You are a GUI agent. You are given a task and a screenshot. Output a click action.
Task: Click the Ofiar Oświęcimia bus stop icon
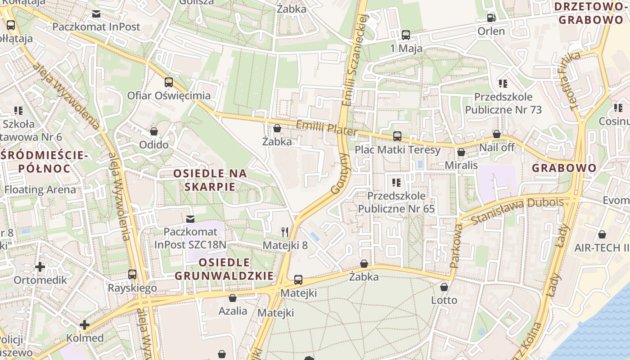pos(169,82)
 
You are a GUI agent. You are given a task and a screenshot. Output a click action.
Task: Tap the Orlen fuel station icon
pos(491,18)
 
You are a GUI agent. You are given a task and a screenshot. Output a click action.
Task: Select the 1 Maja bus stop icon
pos(405,35)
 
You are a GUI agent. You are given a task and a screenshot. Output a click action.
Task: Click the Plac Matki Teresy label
pos(397,149)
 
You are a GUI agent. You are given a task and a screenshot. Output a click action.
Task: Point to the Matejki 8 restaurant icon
pos(285,232)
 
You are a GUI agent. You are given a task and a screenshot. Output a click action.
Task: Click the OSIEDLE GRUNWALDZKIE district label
pos(224,269)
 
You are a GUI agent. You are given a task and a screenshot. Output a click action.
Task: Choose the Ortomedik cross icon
pos(40,267)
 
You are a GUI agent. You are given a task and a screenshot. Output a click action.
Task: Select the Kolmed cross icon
pos(85,325)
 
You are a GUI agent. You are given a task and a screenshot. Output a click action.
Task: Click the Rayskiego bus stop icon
pos(132,274)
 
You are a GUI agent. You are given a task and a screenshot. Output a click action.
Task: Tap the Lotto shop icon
pos(444,287)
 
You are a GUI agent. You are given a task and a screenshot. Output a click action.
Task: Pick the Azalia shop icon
pos(233,298)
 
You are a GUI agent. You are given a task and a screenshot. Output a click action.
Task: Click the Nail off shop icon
pos(497,134)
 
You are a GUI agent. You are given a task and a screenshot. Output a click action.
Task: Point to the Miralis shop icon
pos(461,153)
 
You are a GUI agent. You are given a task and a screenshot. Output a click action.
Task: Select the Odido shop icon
pos(154,131)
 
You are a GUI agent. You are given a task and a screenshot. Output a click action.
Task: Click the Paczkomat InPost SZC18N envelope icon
pos(190,219)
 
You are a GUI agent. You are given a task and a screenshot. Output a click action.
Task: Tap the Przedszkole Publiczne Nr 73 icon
pos(503,84)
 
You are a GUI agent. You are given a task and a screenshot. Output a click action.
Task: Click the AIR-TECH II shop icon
pos(602,234)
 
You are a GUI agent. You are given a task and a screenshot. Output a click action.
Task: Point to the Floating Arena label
pos(40,189)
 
